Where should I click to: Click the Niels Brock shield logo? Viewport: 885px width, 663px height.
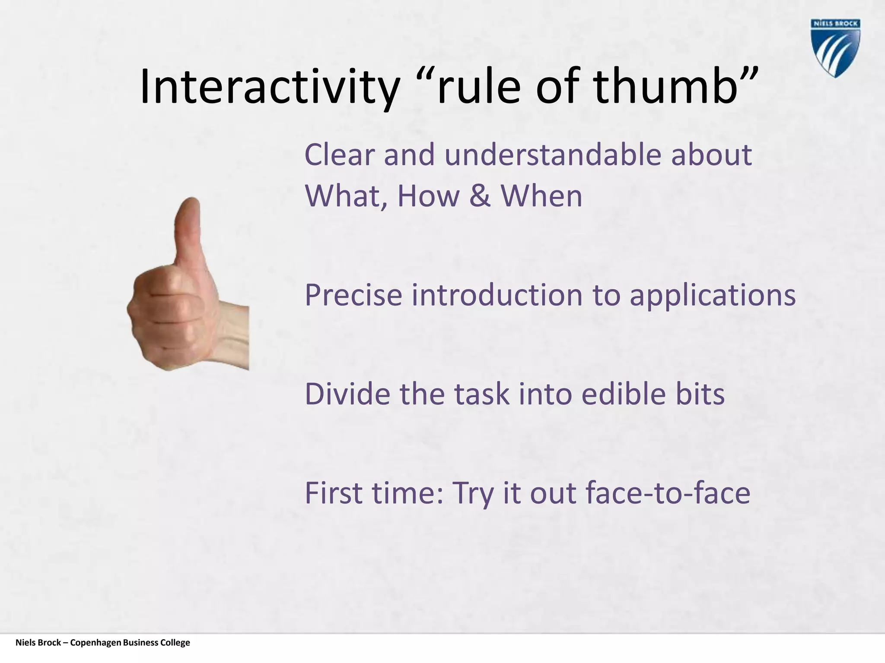835,48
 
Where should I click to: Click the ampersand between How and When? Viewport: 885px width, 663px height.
480,196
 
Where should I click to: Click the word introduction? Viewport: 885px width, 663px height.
497,296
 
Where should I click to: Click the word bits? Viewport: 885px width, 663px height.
700,395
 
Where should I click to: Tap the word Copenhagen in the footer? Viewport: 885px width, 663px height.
96,643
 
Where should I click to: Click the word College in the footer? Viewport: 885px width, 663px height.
175,643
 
